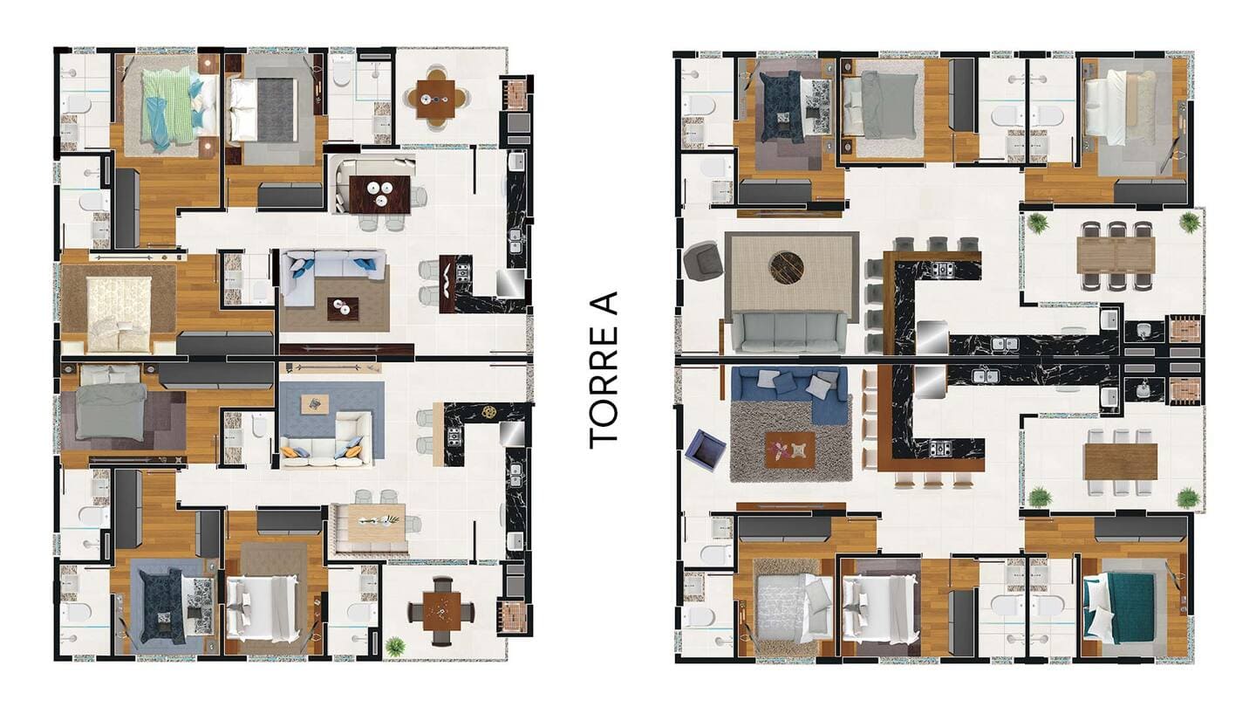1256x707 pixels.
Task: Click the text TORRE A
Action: coord(604,370)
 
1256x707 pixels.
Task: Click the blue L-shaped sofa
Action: coord(790,393)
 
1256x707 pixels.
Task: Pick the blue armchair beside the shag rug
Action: coord(705,450)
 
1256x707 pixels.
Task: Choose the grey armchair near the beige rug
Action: coord(701,260)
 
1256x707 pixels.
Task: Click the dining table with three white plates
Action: coord(380,194)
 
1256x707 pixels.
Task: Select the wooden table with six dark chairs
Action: coord(1116,255)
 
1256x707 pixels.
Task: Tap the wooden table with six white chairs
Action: coord(1121,461)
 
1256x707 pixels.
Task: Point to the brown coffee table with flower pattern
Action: coord(790,449)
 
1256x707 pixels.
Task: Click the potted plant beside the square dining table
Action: coord(395,645)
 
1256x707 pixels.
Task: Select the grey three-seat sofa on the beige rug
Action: coord(788,333)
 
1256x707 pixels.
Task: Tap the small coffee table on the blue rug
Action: coord(315,404)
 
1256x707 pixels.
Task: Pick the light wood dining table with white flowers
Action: coord(377,523)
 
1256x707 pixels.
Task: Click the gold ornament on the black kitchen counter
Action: coord(489,412)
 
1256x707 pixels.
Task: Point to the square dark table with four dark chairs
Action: coord(441,611)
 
